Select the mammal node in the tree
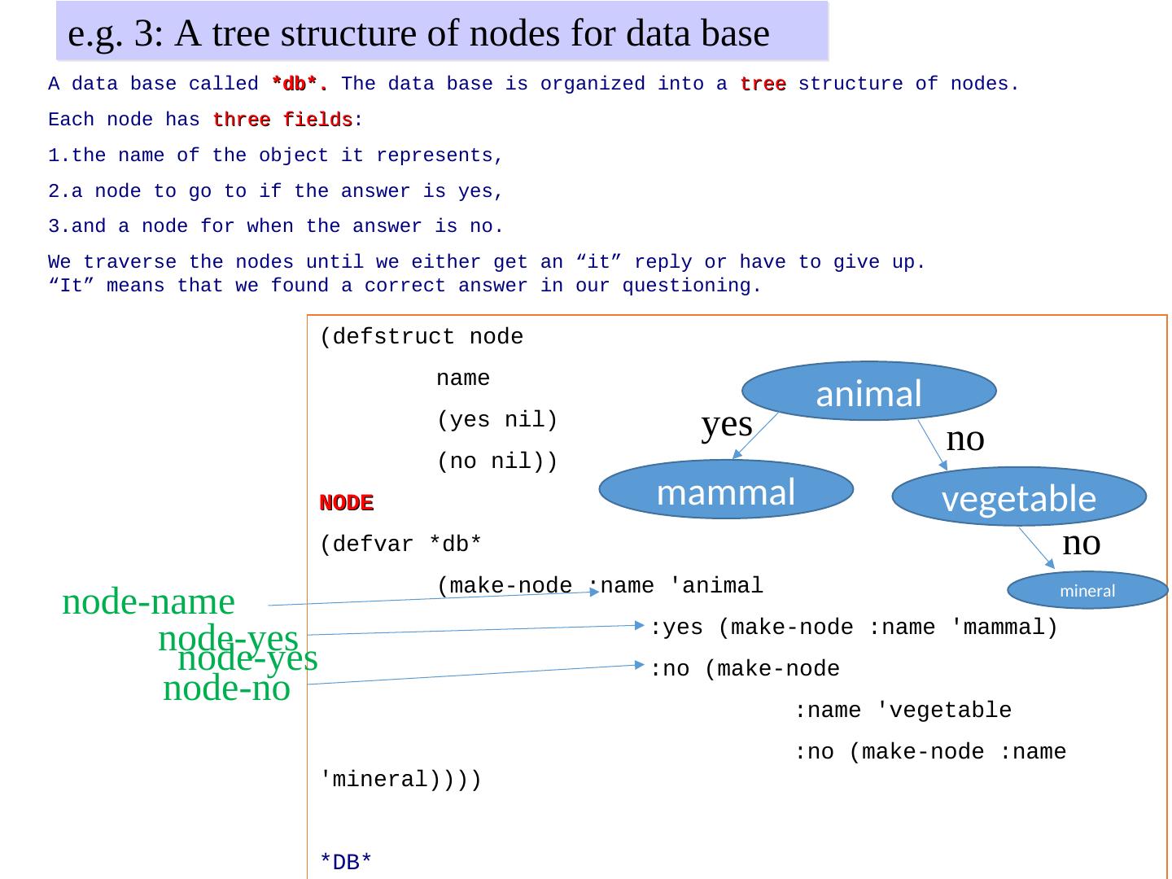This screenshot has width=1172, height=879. [x=725, y=490]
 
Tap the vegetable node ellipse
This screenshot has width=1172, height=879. [x=1018, y=496]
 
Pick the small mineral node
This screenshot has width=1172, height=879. [x=1087, y=591]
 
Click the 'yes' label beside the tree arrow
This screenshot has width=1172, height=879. [x=726, y=424]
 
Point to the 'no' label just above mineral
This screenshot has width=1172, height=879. [x=1081, y=542]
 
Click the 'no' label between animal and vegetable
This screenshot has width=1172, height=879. [x=965, y=439]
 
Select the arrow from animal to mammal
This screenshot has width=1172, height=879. [x=758, y=437]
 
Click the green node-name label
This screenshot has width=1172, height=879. [x=148, y=602]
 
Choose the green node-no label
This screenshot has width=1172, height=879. [x=226, y=689]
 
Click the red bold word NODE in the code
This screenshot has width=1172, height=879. [x=346, y=503]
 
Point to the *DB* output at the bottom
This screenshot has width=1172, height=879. [x=346, y=862]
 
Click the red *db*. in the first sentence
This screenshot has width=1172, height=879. [x=300, y=84]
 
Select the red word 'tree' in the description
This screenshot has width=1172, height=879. [x=763, y=84]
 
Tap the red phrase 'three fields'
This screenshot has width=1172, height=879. [x=282, y=120]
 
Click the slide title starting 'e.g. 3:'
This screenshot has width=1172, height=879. [x=418, y=33]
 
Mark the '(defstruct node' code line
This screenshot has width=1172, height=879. [x=422, y=337]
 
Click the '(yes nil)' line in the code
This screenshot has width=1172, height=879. [x=496, y=420]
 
